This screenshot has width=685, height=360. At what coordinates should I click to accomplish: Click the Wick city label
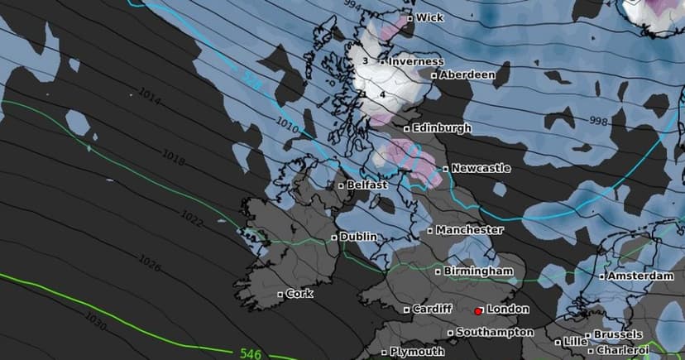429,17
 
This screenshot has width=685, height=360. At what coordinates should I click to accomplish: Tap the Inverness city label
416,61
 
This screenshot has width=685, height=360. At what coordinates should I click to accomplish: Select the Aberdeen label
467,74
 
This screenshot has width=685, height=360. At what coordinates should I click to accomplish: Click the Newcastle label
481,168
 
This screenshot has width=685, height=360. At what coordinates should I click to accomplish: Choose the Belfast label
366,185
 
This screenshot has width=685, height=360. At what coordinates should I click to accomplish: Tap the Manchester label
469,229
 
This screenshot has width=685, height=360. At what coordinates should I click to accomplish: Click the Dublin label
357,237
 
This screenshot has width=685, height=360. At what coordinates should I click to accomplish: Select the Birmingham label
478,271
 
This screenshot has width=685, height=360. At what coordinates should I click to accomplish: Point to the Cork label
299,293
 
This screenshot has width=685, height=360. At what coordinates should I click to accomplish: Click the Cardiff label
433,309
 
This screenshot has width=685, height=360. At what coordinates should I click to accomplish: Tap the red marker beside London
478,310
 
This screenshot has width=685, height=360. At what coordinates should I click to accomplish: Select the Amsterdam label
639,276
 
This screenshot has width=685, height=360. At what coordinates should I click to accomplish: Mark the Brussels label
617,334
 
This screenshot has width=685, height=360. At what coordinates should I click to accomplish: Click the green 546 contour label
251,353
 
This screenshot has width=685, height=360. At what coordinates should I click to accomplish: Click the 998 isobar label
598,122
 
